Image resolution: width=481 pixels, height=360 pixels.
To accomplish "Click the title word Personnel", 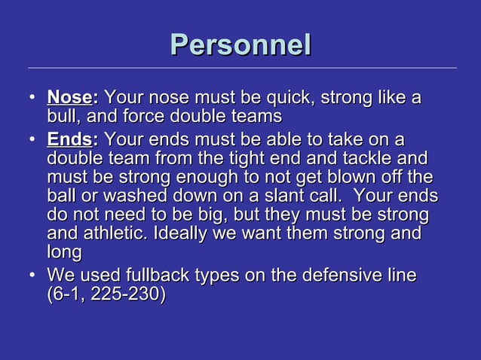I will click(240, 44).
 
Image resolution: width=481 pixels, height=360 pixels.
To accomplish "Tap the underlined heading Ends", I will click(69, 140).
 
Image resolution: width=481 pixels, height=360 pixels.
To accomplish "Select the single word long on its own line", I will click(64, 254).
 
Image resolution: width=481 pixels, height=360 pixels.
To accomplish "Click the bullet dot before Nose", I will click(32, 99).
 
